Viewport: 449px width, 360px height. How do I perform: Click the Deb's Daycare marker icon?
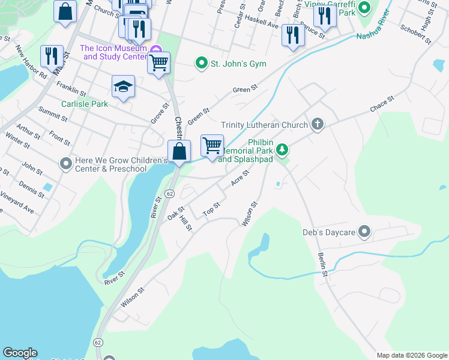pyautogui.click(x=364, y=232)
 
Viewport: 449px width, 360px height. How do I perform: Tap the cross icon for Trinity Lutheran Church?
pyautogui.click(x=318, y=125)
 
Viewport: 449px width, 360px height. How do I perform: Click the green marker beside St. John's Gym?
pyautogui.click(x=201, y=63)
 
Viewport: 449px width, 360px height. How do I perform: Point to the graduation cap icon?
pyautogui.click(x=123, y=86)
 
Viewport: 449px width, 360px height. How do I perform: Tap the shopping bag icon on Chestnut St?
pyautogui.click(x=179, y=151)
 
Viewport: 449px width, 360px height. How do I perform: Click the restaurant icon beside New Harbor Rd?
pyautogui.click(x=52, y=56)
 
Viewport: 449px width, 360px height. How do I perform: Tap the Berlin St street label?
pyautogui.click(x=324, y=265)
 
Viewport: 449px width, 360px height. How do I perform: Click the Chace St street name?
pyautogui.click(x=382, y=103)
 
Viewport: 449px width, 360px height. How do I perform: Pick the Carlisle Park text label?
pyautogui.click(x=84, y=103)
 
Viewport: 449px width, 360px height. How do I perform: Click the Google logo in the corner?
pyautogui.click(x=20, y=353)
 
